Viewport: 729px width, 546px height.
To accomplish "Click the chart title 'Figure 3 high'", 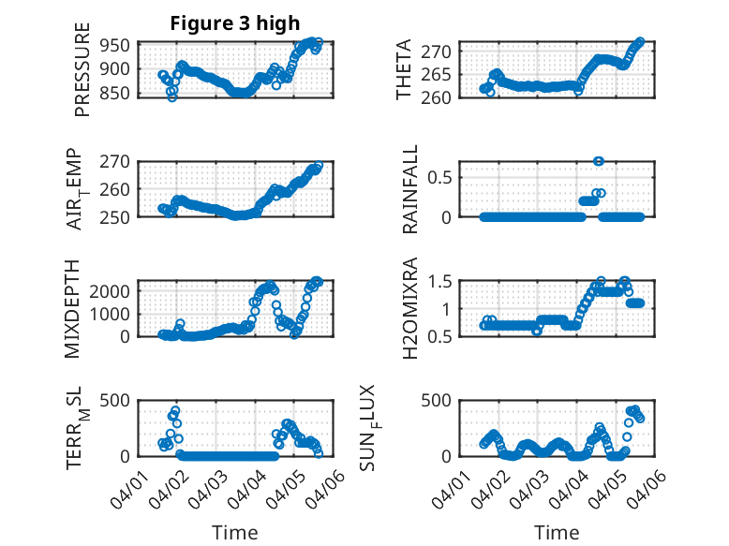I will click(x=235, y=23).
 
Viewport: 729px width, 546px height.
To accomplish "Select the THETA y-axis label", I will click(x=404, y=70).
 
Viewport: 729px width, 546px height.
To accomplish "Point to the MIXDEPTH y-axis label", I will click(x=73, y=308).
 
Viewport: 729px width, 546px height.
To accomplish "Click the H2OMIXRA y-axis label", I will click(x=410, y=308).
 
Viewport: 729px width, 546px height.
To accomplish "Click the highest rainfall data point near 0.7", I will click(x=599, y=161).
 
